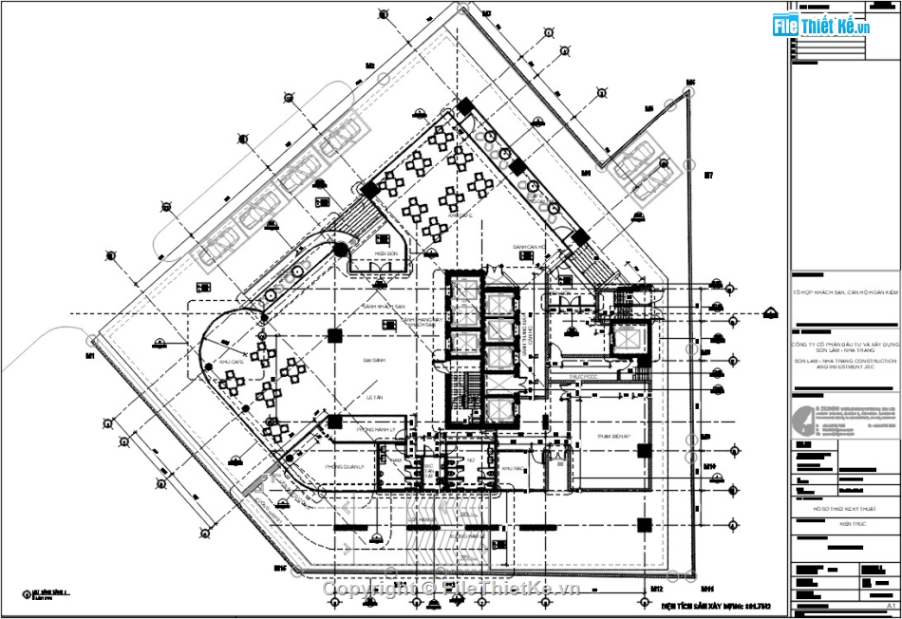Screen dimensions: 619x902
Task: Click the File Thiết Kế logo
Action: pyautogui.click(x=822, y=26)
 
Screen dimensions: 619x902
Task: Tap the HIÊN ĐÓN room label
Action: pyautogui.click(x=384, y=254)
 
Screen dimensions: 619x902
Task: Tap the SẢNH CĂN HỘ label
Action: pyautogui.click(x=533, y=247)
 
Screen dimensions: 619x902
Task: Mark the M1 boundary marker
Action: pyautogui.click(x=89, y=356)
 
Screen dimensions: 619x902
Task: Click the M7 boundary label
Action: pyautogui.click(x=707, y=176)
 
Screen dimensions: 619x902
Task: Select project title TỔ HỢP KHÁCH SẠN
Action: pyautogui.click(x=845, y=293)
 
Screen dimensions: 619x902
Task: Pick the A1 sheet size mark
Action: pyautogui.click(x=891, y=606)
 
